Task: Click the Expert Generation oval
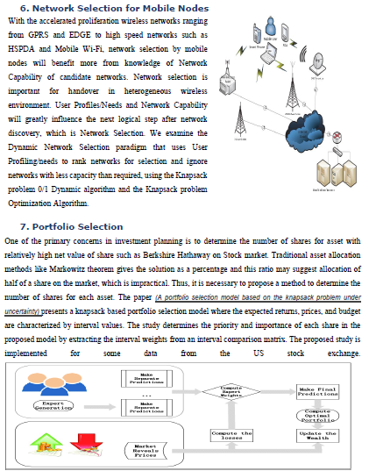point(54,405)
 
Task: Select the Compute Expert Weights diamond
point(231,391)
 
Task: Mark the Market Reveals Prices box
point(144,451)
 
